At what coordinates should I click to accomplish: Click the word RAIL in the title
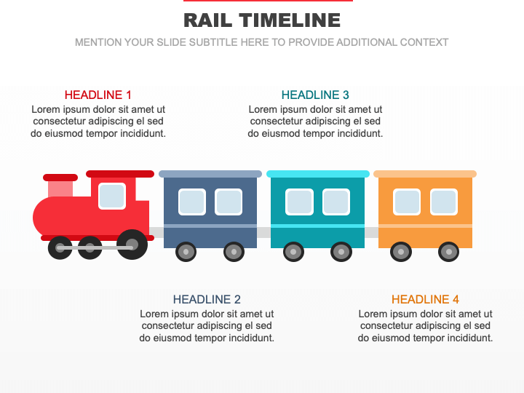coord(207,20)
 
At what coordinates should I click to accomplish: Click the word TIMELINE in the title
coord(290,20)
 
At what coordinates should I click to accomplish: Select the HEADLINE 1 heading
coord(98,95)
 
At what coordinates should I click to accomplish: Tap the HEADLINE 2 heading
coord(207,299)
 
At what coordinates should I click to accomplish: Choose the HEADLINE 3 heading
coord(315,95)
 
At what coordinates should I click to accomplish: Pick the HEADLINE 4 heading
coord(425,299)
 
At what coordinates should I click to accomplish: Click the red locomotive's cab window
coord(112,196)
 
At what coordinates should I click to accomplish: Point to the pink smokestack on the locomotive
coord(60,189)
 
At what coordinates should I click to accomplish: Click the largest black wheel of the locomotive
coord(132,245)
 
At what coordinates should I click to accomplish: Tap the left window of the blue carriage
coord(192,202)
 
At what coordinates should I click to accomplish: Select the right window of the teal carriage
coord(336,202)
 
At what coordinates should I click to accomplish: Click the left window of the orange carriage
coord(407,202)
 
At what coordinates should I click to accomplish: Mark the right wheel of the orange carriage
coord(448,252)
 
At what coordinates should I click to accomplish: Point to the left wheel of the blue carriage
coord(186,252)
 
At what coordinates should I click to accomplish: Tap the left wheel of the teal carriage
coord(293,252)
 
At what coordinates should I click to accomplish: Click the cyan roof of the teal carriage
coord(318,174)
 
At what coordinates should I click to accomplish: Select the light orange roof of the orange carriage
coord(425,174)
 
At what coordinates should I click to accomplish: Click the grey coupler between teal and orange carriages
coord(371,233)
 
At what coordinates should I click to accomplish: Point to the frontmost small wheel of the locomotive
coord(60,247)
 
